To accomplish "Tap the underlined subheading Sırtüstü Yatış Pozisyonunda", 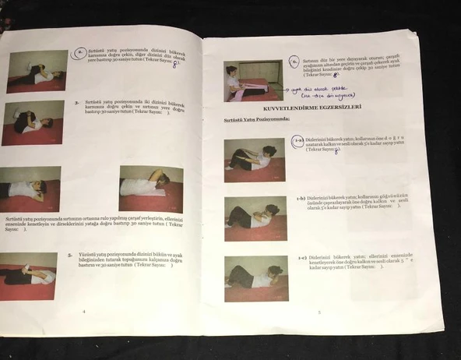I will (252, 118).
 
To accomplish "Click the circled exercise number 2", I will (79, 53).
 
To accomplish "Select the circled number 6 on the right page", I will (294, 60).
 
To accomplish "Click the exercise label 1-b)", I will (301, 198).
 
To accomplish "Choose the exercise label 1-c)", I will (301, 257).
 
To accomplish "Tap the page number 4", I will (84, 310).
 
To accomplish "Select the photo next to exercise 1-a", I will (255, 159).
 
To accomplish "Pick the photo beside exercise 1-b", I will (255, 217).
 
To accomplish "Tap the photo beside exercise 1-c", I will (255, 278).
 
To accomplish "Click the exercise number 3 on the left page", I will (76, 102).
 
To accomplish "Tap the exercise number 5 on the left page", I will (69, 254).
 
